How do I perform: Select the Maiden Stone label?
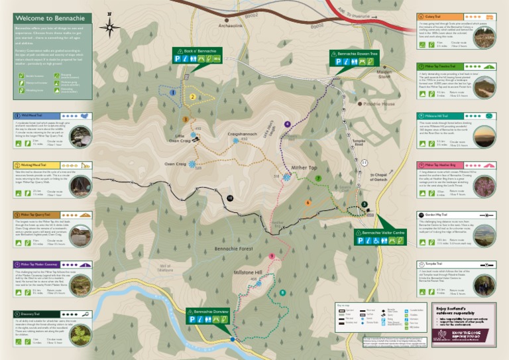384,74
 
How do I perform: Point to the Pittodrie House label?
380,104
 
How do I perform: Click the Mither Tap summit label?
303,168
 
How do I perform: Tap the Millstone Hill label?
249,272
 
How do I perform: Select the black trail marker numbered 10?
230,198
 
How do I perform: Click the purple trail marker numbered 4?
287,124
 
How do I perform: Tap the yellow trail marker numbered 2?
192,97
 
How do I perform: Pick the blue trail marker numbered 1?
173,93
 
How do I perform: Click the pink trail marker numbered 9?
271,256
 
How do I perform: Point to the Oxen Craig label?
175,164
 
